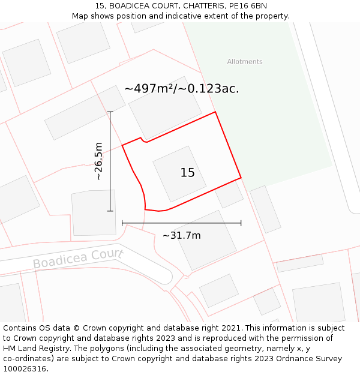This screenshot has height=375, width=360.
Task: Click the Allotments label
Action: tap(245, 62)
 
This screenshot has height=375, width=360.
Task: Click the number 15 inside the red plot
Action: tap(188, 173)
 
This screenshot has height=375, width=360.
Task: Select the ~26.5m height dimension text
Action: tap(99, 161)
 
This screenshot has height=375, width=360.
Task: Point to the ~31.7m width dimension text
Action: tap(181, 235)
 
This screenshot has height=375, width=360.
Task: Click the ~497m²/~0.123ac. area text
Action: tap(181, 89)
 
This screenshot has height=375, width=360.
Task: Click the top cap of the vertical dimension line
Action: tap(110, 112)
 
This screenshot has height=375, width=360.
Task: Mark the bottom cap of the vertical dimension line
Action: tap(110, 211)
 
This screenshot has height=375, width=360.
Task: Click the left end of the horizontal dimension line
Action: tap(122, 223)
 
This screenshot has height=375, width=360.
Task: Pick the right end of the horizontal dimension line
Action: tap(241, 223)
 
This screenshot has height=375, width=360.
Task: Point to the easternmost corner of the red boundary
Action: tap(241, 178)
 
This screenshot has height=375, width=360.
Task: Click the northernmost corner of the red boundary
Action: tap(215, 112)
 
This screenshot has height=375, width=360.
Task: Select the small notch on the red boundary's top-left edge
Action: tap(144, 140)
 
